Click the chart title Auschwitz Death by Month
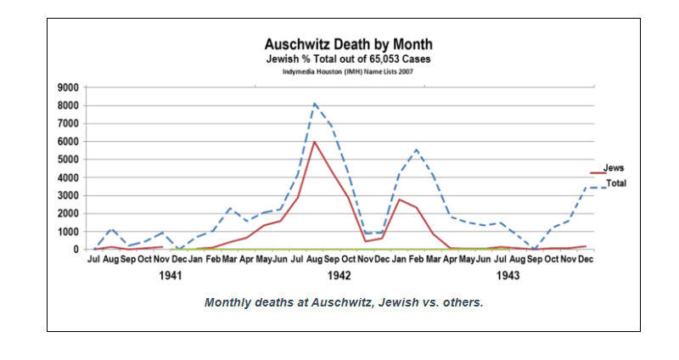pos(348,44)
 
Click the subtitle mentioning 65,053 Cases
pos(348,59)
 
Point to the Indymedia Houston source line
pos(348,71)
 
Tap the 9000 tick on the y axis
pos(68,87)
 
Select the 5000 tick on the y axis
pos(68,160)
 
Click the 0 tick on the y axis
pos(75,250)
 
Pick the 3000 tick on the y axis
pos(68,195)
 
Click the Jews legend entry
pos(613,169)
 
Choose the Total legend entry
pos(615,183)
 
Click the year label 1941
pos(171,277)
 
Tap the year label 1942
pos(339,277)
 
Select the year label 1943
pos(508,277)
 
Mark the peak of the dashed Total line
pos(315,104)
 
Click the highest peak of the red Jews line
pos(315,142)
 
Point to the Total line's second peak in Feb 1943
pos(416,149)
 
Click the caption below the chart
pos(343,303)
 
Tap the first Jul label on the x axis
pos(94,259)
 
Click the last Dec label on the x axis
pos(586,259)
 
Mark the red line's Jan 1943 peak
pos(399,200)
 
